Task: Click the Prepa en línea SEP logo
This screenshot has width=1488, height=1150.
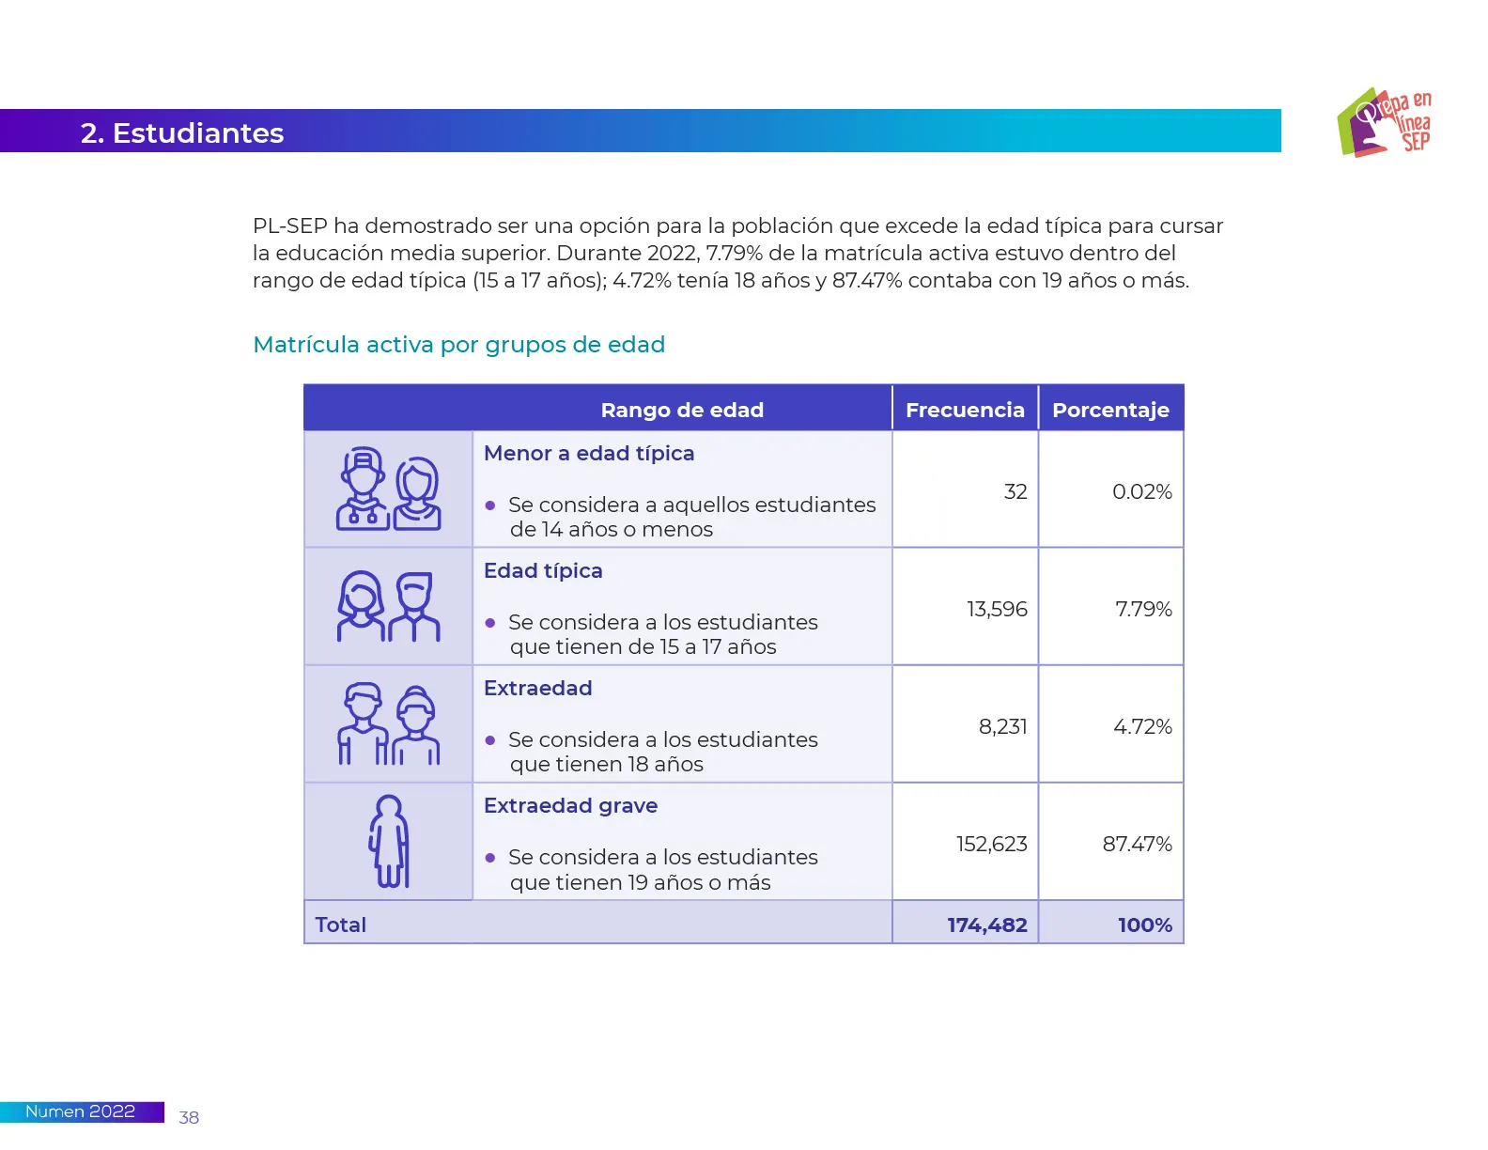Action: [1383, 122]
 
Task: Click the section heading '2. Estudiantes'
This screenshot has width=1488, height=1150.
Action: [182, 132]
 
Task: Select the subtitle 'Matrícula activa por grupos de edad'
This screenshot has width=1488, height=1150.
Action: [458, 345]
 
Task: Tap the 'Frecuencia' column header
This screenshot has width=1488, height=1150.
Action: [964, 410]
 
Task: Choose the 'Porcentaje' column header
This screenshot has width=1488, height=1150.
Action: [1109, 410]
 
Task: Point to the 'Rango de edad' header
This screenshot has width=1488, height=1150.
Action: [682, 410]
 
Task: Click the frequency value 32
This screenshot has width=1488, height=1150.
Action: [1015, 491]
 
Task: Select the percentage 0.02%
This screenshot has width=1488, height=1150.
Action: [1141, 491]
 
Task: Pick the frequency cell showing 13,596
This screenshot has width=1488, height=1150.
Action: [997, 609]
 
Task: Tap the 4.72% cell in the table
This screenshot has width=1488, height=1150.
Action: [1142, 726]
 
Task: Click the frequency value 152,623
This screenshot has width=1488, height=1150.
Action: [991, 844]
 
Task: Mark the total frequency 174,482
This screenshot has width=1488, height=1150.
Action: [986, 925]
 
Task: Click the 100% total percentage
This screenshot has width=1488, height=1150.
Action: [1144, 925]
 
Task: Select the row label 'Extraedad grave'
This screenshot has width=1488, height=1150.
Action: [570, 805]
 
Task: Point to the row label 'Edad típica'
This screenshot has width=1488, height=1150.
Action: [543, 570]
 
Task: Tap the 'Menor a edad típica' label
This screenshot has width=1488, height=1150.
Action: [589, 453]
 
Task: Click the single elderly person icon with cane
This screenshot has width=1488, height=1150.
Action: [389, 842]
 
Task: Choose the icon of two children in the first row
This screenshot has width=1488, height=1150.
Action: [389, 490]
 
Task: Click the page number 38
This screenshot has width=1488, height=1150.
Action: [189, 1117]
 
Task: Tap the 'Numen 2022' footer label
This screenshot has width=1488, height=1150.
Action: [80, 1111]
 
